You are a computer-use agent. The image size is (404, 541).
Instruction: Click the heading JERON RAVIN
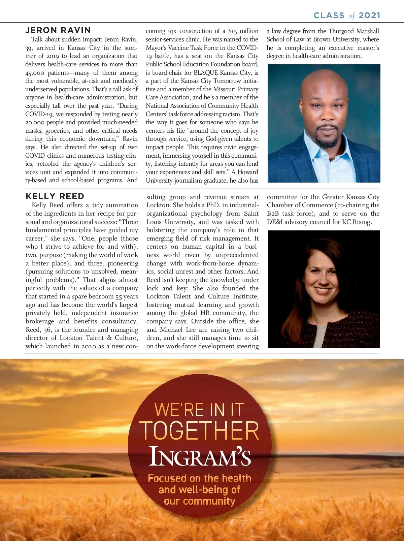[58, 30]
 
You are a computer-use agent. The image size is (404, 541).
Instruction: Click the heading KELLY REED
[55, 196]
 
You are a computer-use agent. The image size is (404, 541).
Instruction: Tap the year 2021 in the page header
[369, 15]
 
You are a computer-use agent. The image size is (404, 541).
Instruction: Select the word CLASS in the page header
[329, 15]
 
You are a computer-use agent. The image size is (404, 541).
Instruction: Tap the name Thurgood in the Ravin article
[341, 31]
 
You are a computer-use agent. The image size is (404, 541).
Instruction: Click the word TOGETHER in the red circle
[200, 431]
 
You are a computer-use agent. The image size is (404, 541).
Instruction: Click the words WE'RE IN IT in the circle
[199, 410]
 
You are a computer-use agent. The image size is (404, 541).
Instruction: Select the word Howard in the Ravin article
[248, 172]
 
